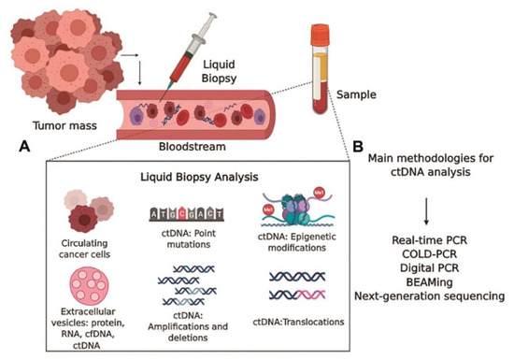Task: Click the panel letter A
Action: [21, 148]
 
